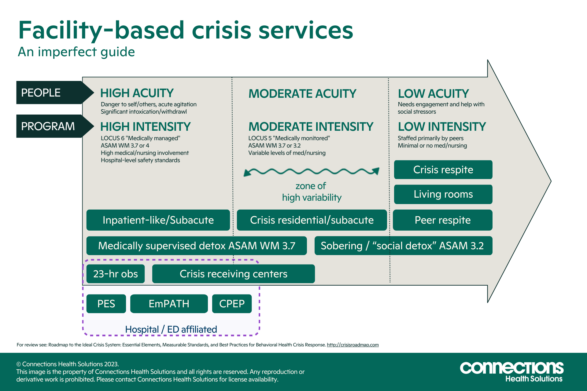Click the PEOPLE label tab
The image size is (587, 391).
(49, 93)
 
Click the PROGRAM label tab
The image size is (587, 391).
(49, 126)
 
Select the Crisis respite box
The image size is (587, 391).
(443, 170)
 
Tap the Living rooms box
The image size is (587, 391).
(443, 194)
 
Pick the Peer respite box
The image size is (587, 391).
(442, 220)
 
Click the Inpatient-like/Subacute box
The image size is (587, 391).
(158, 220)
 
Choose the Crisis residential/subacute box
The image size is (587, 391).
(312, 220)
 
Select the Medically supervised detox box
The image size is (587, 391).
(196, 246)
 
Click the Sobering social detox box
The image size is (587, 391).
(403, 246)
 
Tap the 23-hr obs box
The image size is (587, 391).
(115, 274)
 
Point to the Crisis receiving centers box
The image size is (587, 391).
(233, 274)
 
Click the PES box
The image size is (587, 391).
(106, 304)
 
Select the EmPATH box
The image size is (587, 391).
(169, 304)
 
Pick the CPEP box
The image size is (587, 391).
(232, 304)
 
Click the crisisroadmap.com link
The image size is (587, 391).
(353, 345)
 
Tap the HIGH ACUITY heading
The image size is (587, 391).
(137, 93)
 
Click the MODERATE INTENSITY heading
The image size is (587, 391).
(311, 126)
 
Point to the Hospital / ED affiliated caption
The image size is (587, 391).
(171, 329)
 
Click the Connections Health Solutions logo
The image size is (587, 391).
(511, 371)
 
